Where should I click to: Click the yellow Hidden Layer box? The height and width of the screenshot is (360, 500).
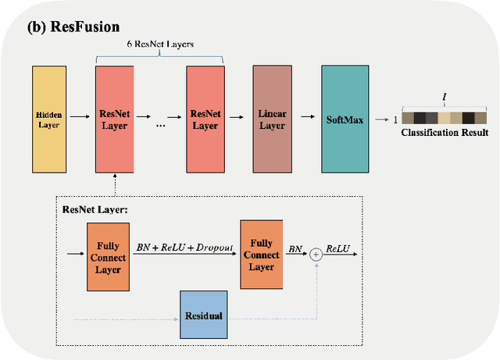pos(49,119)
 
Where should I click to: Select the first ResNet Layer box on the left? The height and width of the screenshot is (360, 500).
pos(115,119)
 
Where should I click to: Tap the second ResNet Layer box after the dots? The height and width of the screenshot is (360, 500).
pos(205,119)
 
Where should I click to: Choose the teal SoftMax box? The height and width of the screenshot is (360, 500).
pos(345,119)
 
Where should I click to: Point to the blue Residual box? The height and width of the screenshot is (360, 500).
pos(203,315)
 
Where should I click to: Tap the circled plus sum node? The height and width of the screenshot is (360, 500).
pos(316,254)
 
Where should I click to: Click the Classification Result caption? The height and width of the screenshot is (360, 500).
pos(445,133)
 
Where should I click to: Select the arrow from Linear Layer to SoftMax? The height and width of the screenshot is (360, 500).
pos(305,119)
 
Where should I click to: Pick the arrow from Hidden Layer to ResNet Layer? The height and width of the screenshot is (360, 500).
pos(80,119)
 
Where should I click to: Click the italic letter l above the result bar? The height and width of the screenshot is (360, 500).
pos(444,98)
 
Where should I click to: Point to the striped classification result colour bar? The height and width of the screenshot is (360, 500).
pos(444,118)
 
